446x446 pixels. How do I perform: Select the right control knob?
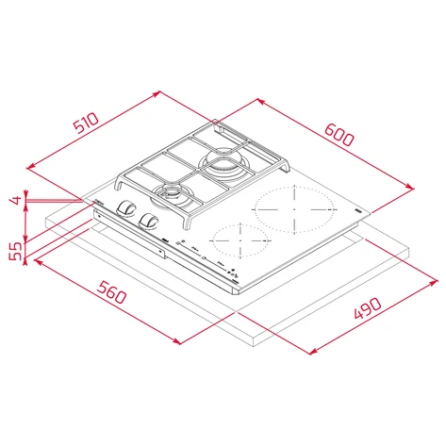click(147, 221)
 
